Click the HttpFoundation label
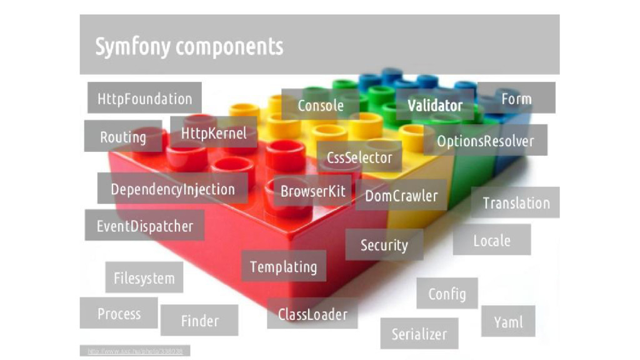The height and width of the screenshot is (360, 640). (x=144, y=98)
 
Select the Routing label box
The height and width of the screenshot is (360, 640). (x=123, y=136)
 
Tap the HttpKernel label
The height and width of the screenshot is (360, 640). (x=214, y=132)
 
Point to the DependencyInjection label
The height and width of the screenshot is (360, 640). (x=172, y=189)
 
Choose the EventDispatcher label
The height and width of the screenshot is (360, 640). (x=144, y=226)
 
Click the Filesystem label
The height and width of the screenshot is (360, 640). (x=144, y=277)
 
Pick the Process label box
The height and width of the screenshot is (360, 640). (x=119, y=313)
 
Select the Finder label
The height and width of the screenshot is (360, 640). (x=199, y=321)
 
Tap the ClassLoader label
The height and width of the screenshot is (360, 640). (x=312, y=314)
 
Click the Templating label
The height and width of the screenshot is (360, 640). (x=283, y=266)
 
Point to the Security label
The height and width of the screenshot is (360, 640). (x=384, y=245)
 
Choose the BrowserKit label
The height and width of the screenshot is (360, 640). (x=312, y=191)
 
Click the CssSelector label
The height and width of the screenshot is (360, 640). (x=359, y=157)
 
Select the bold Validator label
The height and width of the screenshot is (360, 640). (x=435, y=105)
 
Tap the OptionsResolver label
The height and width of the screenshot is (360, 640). (x=485, y=141)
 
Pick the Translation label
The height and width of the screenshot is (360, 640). (x=516, y=202)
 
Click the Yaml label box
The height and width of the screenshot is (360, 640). (x=507, y=322)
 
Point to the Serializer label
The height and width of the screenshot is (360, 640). (x=419, y=334)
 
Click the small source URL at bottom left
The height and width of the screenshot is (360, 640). (x=134, y=351)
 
